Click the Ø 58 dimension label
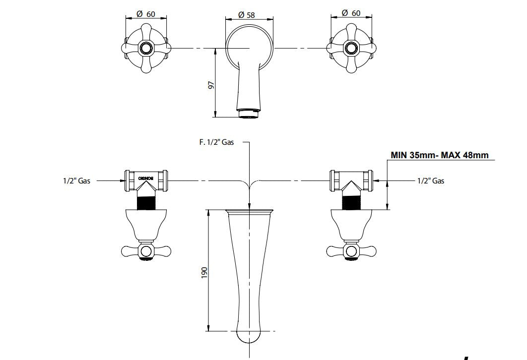coord(247,15)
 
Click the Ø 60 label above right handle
coord(351,13)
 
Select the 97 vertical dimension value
coord(210,85)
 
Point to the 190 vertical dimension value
coord(204,272)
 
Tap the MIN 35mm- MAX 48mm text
coord(439,155)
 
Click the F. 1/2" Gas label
coord(216,142)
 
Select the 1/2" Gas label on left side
coord(76,181)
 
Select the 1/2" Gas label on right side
coord(430,181)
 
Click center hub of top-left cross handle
coord(147,48)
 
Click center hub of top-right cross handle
coord(352,48)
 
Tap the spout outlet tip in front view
coord(249,114)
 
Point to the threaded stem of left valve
coord(147,201)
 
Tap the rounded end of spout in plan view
coord(249,336)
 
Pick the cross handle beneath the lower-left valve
coord(146,251)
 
